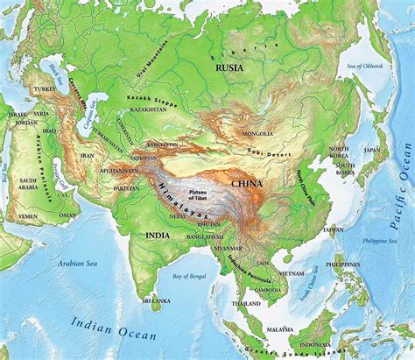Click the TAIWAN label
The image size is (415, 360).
point(334,229)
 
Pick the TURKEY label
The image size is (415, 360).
point(45,90)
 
